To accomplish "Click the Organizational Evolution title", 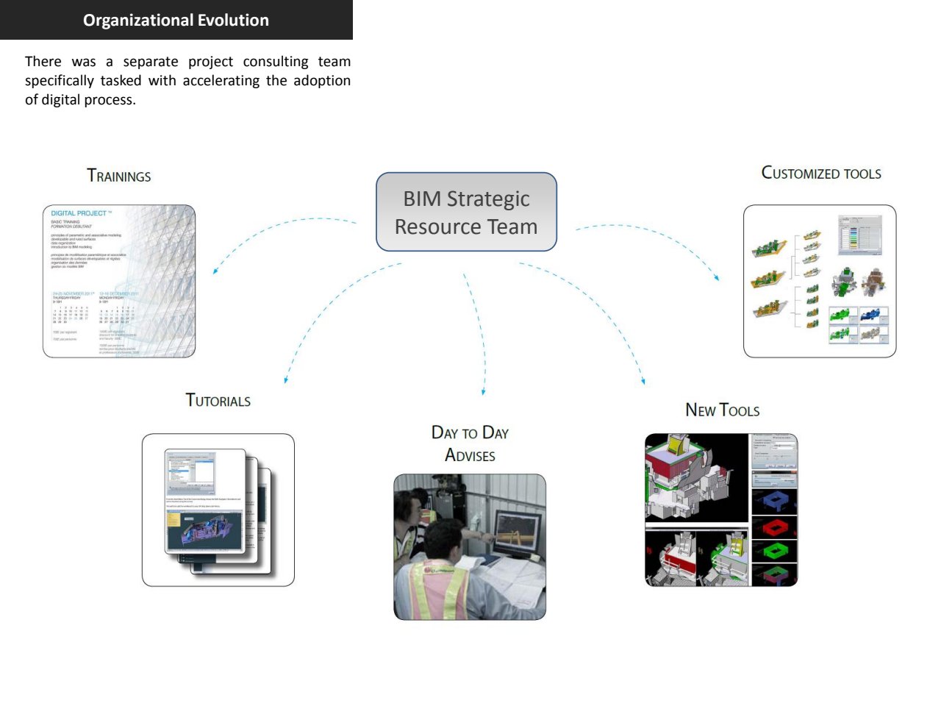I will pyautogui.click(x=176, y=20).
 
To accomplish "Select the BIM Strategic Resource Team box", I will pyautogui.click(x=466, y=213).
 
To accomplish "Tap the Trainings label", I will pyautogui.click(x=119, y=176).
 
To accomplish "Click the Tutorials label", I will pyautogui.click(x=218, y=401).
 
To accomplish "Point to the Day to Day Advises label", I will pyautogui.click(x=470, y=443).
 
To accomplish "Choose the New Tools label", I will pyautogui.click(x=722, y=410).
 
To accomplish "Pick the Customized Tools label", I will pyautogui.click(x=821, y=174).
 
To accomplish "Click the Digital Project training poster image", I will pyautogui.click(x=119, y=282).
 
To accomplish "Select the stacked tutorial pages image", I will pyautogui.click(x=218, y=510).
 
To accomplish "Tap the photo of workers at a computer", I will pyautogui.click(x=470, y=547).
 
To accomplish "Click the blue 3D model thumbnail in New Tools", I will pyautogui.click(x=774, y=502).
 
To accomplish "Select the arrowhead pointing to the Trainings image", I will pyautogui.click(x=215, y=271).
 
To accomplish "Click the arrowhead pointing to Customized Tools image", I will pyautogui.click(x=717, y=277).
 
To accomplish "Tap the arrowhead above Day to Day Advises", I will pyautogui.click(x=484, y=392).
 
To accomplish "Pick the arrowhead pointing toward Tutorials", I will pyautogui.click(x=286, y=380).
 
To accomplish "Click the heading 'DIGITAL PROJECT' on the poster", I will pyautogui.click(x=79, y=213).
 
